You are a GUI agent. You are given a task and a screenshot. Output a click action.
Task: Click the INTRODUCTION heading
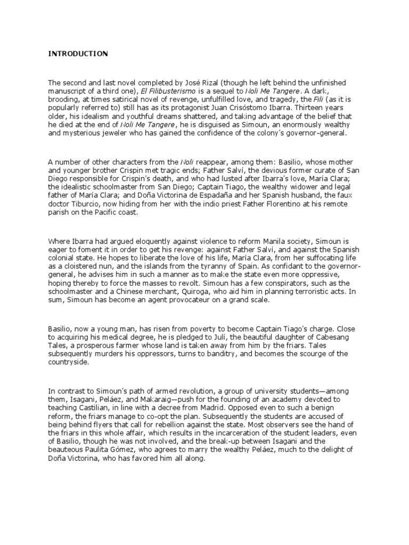click(78, 54)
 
